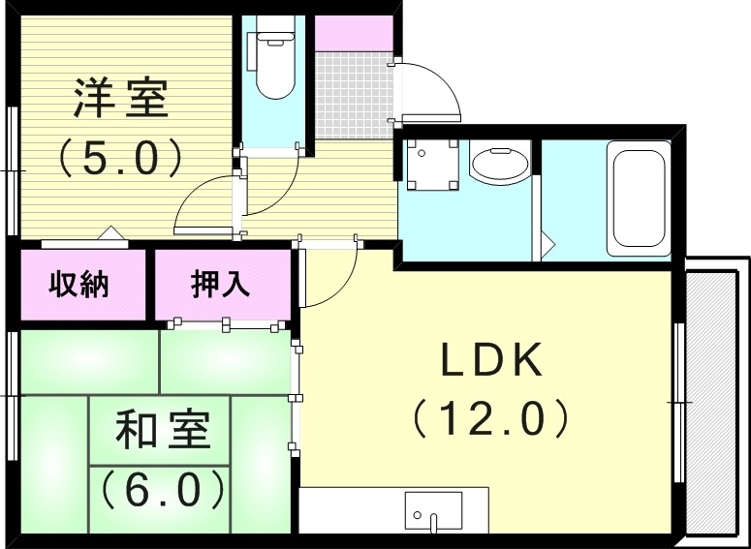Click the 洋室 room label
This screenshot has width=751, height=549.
pyautogui.click(x=122, y=101)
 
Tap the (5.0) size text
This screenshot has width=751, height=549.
pyautogui.click(x=122, y=156)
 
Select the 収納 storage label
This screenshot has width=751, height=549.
pyautogui.click(x=79, y=286)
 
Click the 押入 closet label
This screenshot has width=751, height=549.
pyautogui.click(x=221, y=285)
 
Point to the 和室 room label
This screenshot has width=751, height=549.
pyautogui.click(x=164, y=429)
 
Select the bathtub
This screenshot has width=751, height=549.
pyautogui.click(x=638, y=198)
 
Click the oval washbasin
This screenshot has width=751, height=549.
pyautogui.click(x=500, y=164)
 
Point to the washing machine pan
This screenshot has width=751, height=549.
pyautogui.click(x=431, y=166)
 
